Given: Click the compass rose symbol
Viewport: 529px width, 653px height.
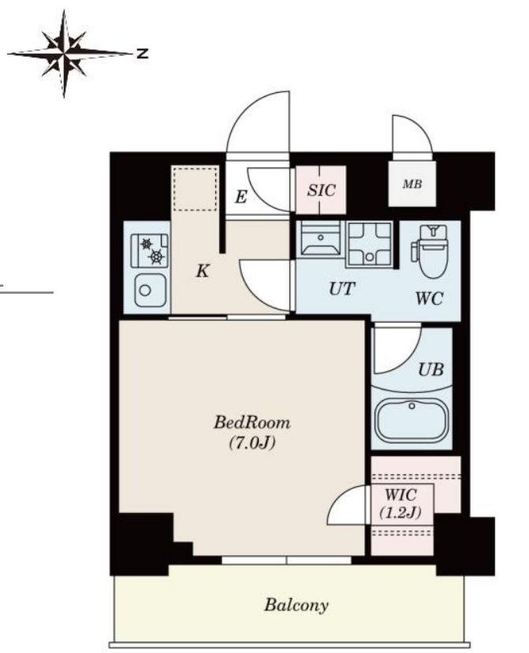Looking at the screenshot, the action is (x=64, y=54).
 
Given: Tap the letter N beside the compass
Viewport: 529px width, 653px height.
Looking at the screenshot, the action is (x=143, y=54).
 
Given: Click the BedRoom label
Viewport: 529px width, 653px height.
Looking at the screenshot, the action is (x=251, y=423).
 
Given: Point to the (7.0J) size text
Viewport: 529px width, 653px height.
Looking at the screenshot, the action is (x=252, y=443).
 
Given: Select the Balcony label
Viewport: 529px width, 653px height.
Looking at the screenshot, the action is (x=296, y=605).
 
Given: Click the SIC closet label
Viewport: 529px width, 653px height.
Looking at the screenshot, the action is (x=321, y=191).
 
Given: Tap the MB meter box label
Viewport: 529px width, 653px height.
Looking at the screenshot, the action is (x=412, y=184).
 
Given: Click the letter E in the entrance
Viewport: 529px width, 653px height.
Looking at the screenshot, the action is (x=240, y=197).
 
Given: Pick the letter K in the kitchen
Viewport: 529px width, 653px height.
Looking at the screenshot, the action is (x=202, y=271).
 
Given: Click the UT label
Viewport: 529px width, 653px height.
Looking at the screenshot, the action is (x=342, y=288).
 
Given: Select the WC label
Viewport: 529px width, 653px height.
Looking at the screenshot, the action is (x=429, y=299).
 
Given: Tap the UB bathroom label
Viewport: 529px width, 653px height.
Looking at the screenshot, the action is (x=431, y=369).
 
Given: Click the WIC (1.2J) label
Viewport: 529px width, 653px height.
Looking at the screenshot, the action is (x=400, y=503).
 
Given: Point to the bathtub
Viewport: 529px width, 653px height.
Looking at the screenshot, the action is (x=412, y=420).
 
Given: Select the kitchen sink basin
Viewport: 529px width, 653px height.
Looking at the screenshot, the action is (x=150, y=291).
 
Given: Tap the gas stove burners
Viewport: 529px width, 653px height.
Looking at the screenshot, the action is (x=150, y=250).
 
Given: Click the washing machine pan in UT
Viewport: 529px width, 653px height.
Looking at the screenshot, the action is (x=369, y=244).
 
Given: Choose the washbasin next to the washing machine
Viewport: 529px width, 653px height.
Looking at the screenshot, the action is (x=320, y=238).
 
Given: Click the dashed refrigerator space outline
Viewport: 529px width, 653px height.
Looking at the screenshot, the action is (x=195, y=189).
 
